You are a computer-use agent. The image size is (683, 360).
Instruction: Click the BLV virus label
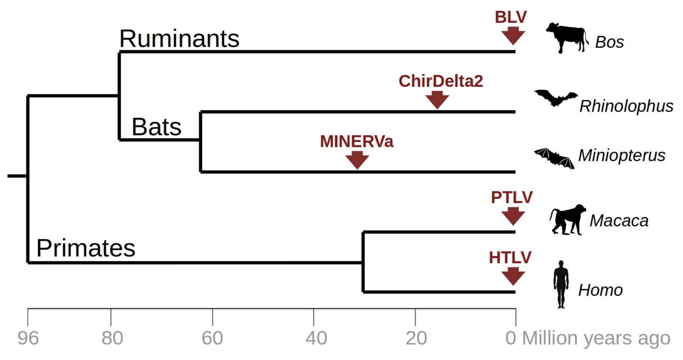click(x=511, y=17)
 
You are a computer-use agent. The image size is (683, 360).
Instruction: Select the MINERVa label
click(x=357, y=141)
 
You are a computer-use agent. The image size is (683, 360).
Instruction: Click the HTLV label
click(x=510, y=258)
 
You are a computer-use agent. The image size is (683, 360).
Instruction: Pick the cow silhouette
click(x=566, y=38)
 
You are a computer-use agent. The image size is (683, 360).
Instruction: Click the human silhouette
click(x=561, y=284)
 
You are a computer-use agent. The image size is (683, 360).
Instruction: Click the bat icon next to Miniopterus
click(x=554, y=158)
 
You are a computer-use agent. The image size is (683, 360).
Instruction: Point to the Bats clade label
click(x=156, y=127)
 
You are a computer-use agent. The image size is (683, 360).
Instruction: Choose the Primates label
click(x=86, y=248)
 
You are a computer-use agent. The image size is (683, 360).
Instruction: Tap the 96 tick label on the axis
click(x=28, y=338)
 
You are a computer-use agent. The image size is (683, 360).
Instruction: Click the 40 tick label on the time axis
click(x=316, y=338)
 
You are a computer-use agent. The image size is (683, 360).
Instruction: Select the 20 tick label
click(x=416, y=338)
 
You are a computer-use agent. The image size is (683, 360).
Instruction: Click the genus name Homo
click(x=600, y=290)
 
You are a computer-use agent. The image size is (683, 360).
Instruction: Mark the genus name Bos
click(x=609, y=42)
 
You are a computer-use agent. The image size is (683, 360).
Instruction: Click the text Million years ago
click(x=596, y=338)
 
